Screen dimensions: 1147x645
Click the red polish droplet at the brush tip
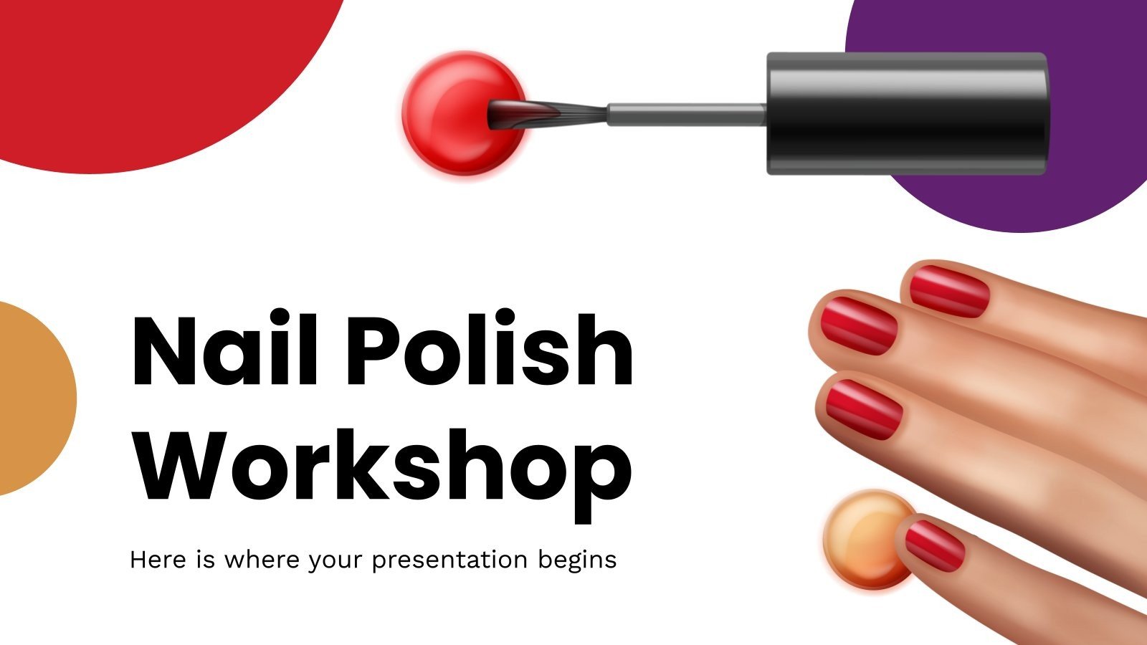coord(463,114)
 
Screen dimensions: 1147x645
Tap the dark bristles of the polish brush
coord(546,115)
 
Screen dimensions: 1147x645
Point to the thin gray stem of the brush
coord(687,114)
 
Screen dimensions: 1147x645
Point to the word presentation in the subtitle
coord(449,560)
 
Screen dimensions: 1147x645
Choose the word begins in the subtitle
coord(577,560)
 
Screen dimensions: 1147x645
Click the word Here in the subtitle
coord(158,559)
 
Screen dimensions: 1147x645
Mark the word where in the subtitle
coord(262,559)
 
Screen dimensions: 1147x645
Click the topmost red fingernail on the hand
coord(949,291)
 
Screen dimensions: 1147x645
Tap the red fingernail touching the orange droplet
coord(935,545)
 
